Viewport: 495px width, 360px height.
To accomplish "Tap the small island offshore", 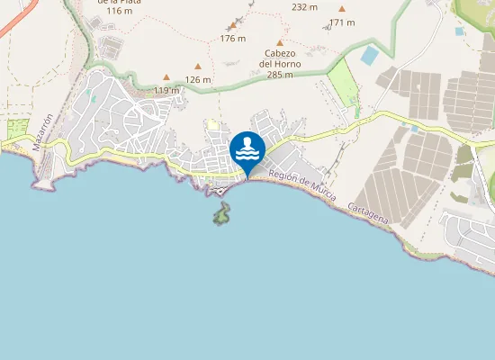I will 220,213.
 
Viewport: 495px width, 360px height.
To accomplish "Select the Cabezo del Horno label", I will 280,58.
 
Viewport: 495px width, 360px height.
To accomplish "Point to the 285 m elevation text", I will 280,75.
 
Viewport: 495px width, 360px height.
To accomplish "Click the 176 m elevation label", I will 232,38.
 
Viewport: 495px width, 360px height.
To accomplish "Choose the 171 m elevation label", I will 342,22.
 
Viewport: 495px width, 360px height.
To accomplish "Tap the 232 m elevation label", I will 305,6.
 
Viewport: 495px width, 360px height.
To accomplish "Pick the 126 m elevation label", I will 198,79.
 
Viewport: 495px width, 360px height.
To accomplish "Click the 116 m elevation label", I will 119,11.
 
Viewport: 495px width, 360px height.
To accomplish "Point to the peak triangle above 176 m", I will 232,26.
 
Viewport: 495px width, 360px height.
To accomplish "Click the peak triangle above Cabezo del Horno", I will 280,42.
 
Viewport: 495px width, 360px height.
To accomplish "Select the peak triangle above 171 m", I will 341,9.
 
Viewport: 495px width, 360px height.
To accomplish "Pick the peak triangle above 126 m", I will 198,66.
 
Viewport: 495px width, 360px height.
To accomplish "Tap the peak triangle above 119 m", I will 166,77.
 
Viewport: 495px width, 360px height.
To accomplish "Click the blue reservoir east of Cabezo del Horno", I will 369,55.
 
